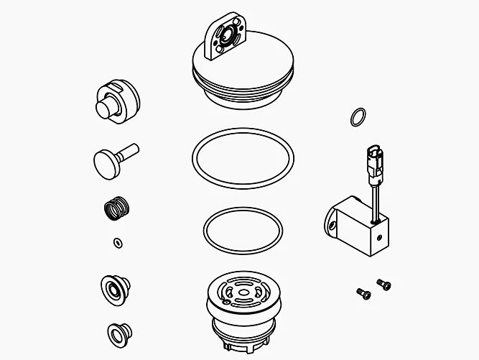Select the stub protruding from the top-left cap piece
click(106, 110)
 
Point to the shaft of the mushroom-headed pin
click(130, 150)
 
